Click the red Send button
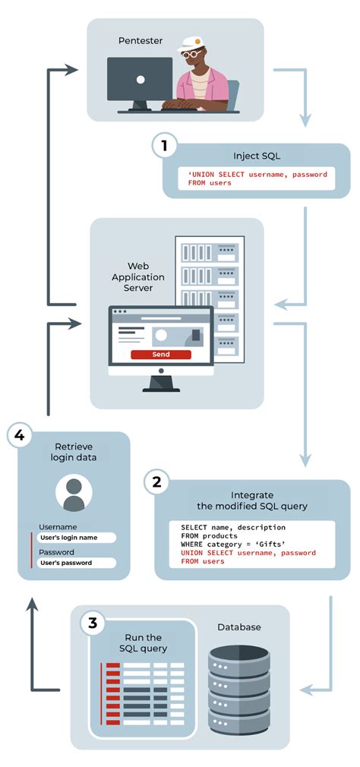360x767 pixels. click(x=161, y=355)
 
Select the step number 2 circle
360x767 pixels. click(x=156, y=481)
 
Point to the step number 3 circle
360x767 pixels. click(x=93, y=624)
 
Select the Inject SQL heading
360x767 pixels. click(x=257, y=156)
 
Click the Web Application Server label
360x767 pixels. click(x=138, y=277)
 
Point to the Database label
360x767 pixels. click(x=239, y=627)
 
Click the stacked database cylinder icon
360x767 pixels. click(x=238, y=691)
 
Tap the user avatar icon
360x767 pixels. click(x=74, y=494)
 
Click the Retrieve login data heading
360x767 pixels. click(x=74, y=452)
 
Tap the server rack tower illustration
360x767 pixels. click(x=209, y=296)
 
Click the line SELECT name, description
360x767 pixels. click(x=232, y=527)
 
